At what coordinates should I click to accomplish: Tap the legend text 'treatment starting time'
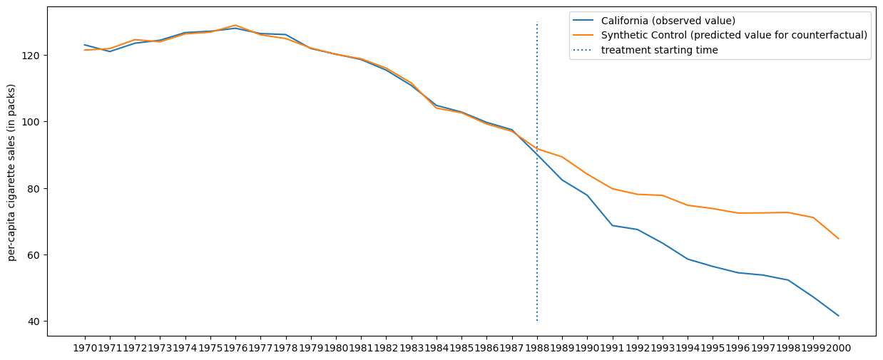coord(659,50)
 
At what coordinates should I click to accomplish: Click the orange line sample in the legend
coord(584,35)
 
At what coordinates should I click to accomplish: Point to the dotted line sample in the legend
coord(584,50)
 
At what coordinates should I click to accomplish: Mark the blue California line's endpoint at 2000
coord(838,316)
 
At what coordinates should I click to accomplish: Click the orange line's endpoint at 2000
coord(838,239)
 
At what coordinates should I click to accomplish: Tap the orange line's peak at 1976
coord(235,25)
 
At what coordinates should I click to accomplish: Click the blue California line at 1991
coord(612,225)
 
